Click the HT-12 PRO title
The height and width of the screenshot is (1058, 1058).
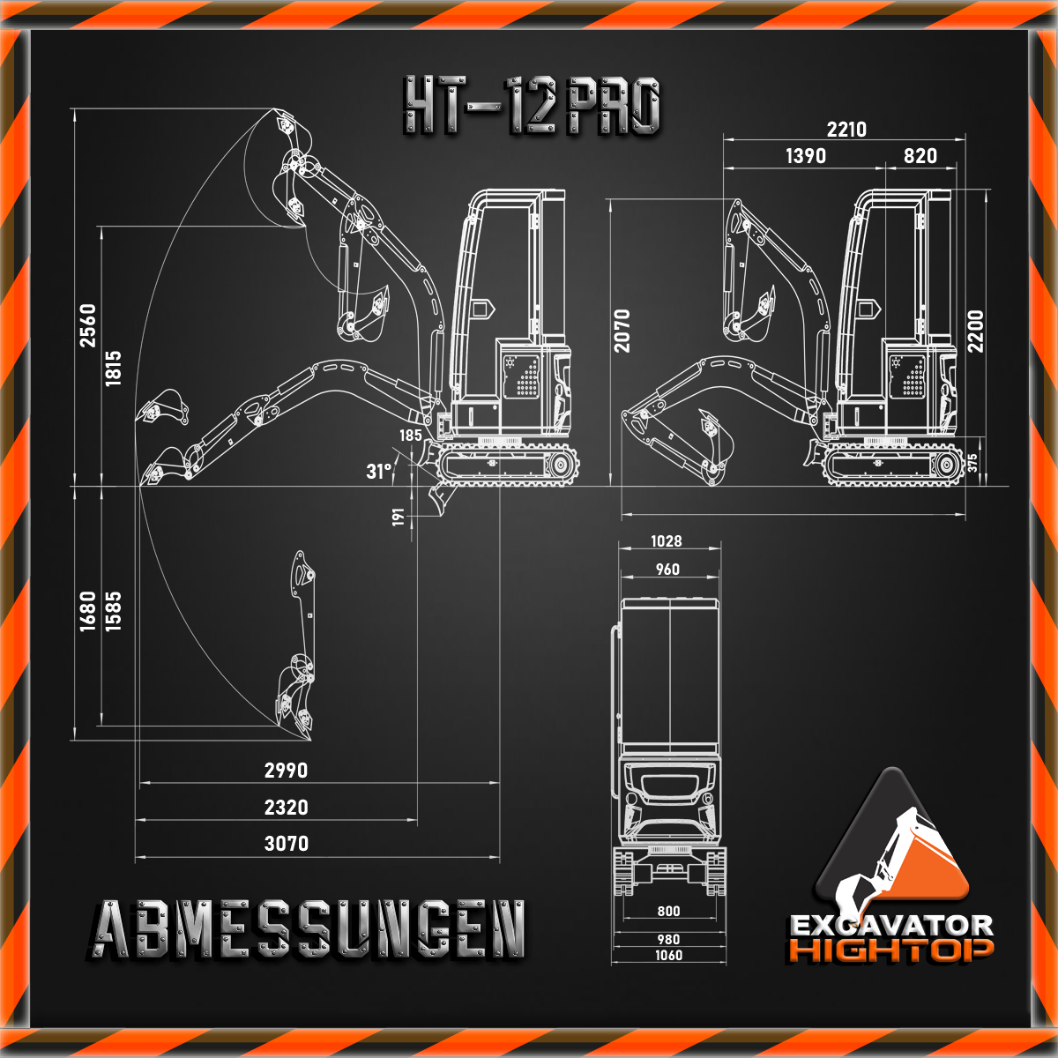(x=532, y=106)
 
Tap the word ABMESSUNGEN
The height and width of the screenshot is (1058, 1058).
(x=308, y=929)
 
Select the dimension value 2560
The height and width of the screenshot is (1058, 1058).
(x=88, y=325)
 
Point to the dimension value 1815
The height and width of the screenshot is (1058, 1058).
(x=113, y=369)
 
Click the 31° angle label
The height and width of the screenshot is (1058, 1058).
(x=379, y=471)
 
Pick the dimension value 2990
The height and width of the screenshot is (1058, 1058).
(x=286, y=771)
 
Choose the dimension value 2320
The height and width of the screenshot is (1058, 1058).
(x=286, y=808)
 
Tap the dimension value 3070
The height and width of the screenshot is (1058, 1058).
(x=286, y=844)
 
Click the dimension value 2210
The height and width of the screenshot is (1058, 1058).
(x=846, y=130)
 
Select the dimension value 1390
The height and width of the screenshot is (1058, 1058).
(x=806, y=156)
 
